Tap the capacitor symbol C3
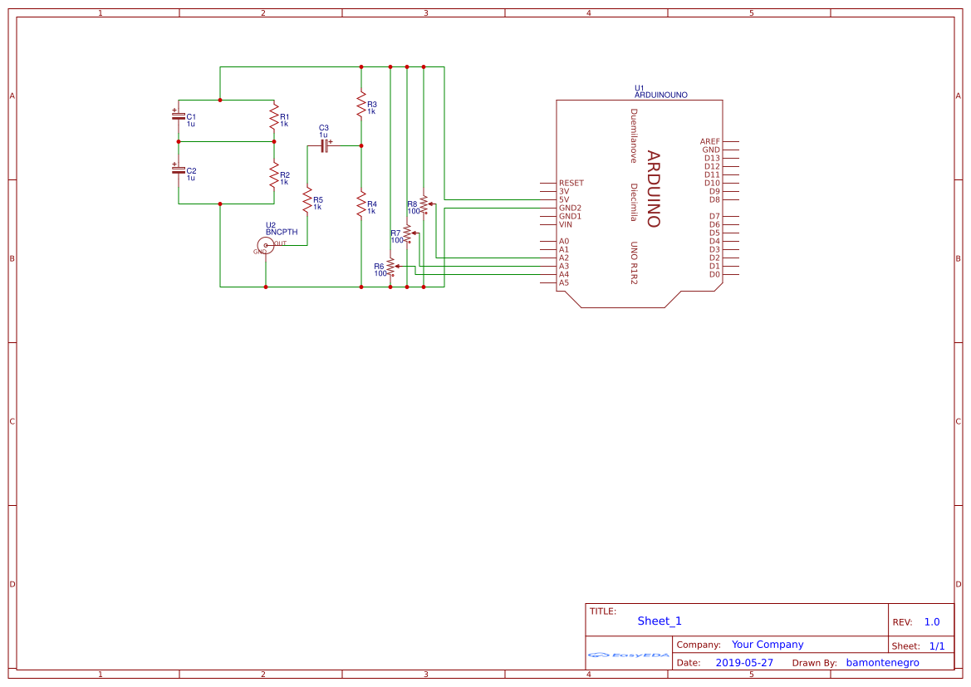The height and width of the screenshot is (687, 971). (x=325, y=145)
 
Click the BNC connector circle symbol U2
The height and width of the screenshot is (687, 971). (x=265, y=244)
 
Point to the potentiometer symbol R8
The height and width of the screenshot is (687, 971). (x=424, y=204)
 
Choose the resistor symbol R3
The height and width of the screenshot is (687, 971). (x=360, y=106)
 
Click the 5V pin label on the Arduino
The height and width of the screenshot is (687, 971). (x=564, y=199)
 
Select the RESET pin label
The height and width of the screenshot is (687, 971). (x=571, y=183)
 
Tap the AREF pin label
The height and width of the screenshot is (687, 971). (x=709, y=141)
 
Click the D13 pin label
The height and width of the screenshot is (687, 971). (x=712, y=158)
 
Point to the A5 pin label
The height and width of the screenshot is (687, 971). (x=564, y=282)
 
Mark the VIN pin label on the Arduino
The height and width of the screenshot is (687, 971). (x=565, y=224)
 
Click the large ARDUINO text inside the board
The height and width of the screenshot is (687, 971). (x=653, y=189)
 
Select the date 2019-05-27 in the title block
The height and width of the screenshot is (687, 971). (x=743, y=663)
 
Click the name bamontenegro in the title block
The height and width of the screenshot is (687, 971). (x=882, y=663)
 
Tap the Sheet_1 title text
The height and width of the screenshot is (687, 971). (x=660, y=621)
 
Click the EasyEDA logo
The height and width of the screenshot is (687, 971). (x=628, y=655)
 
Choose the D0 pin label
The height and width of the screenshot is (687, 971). (x=714, y=274)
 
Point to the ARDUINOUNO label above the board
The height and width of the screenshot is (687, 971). (x=660, y=96)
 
